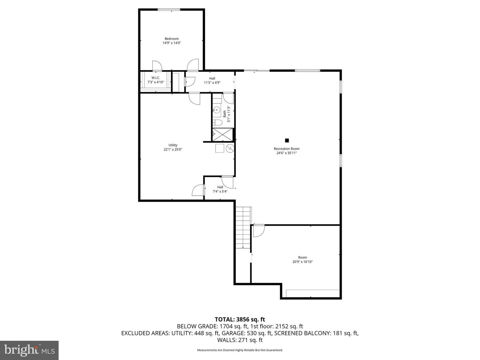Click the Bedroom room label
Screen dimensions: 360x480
point(171,39)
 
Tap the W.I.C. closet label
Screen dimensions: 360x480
point(156,78)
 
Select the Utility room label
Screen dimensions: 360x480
point(173,145)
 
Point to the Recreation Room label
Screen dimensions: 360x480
point(286,149)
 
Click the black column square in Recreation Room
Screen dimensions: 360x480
point(287,140)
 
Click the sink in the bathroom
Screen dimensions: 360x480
point(217,109)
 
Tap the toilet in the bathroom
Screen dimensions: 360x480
point(217,122)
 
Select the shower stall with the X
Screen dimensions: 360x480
point(223,134)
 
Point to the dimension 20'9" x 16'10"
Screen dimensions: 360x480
point(302,262)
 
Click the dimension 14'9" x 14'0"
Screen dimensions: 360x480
point(171,43)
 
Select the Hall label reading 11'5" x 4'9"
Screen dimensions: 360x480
point(212,80)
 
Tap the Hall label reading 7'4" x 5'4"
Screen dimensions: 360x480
point(220,189)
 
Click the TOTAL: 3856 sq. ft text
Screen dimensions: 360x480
point(240,319)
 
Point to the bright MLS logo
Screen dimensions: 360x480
point(29,350)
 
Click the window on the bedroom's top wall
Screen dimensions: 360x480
point(169,10)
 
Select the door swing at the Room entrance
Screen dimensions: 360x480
point(258,231)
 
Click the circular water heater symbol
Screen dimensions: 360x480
point(230,148)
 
